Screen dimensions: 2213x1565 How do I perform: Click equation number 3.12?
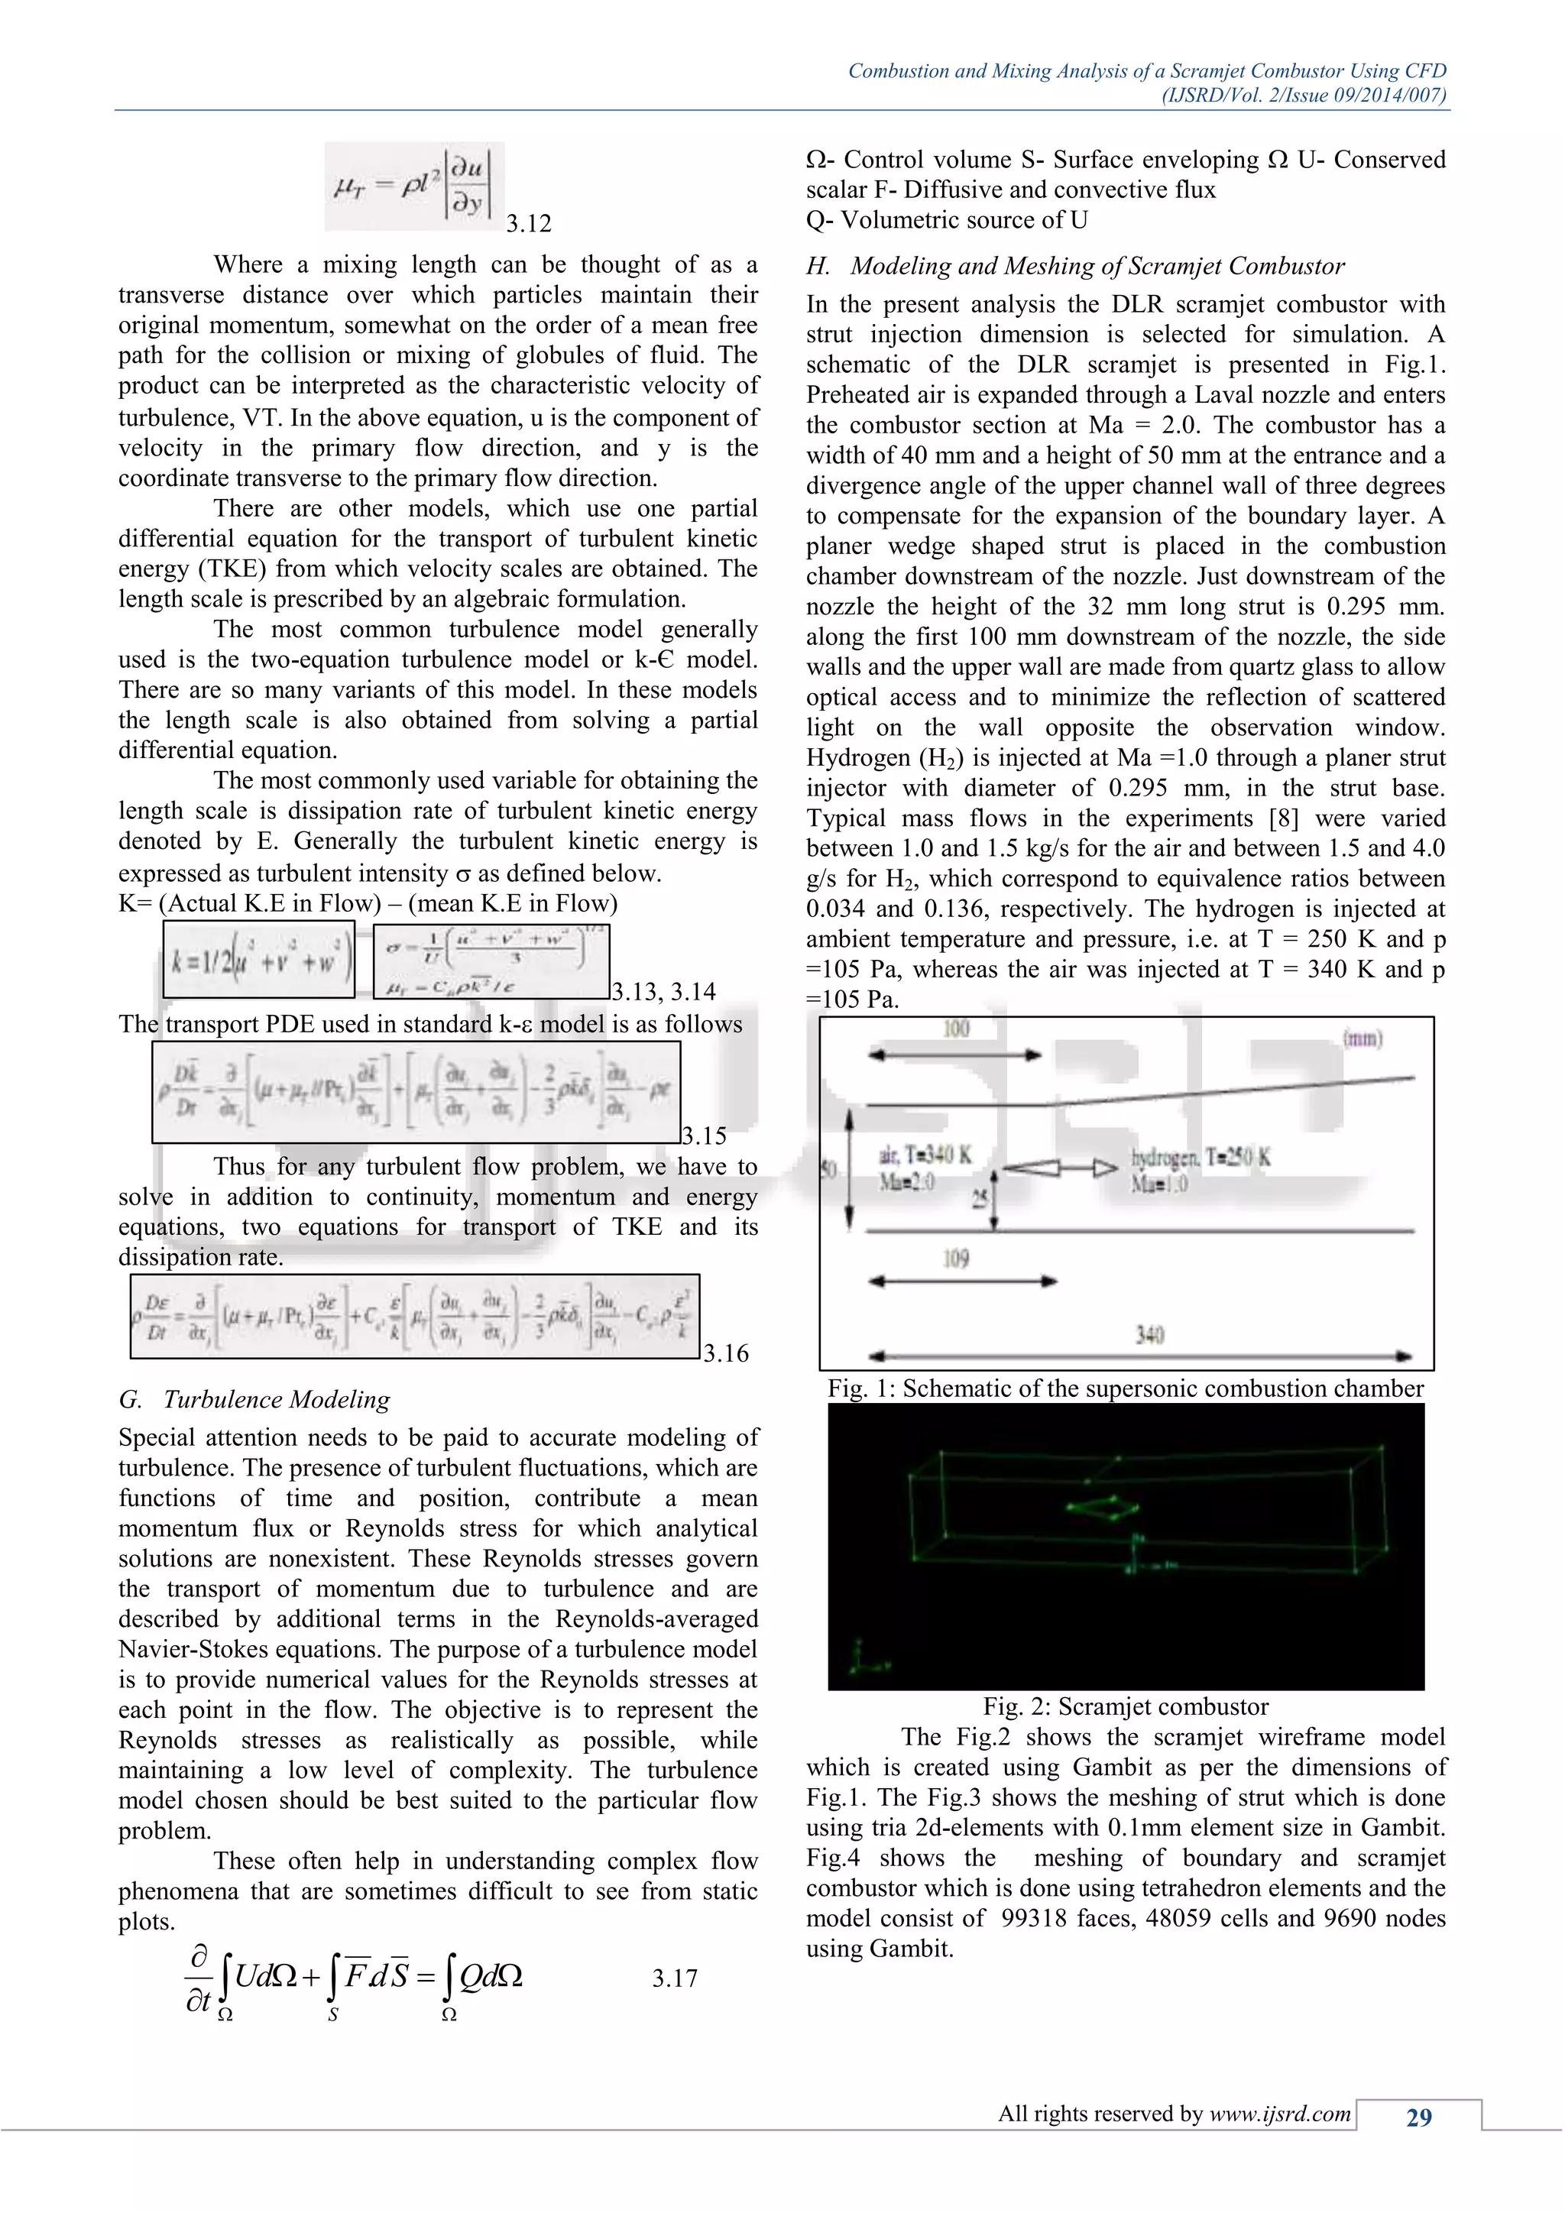pos(529,224)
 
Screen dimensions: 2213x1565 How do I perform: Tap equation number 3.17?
pos(673,1978)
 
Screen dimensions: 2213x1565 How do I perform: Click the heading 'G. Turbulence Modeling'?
pos(254,1399)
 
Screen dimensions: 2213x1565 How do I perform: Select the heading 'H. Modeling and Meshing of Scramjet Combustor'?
pos(1075,266)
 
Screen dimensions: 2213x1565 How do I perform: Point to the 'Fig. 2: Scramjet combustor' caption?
pos(1125,1706)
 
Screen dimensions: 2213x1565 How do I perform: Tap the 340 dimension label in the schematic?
pos(1149,1335)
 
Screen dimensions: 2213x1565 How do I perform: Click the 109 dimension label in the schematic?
pos(955,1259)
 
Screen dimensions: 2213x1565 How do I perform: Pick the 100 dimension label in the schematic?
pos(955,1029)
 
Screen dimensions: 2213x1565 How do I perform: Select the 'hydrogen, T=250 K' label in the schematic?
pos(1200,1158)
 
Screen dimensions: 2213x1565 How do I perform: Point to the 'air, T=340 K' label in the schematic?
pos(924,1155)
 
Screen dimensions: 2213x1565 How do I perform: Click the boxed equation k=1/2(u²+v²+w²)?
pos(258,960)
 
